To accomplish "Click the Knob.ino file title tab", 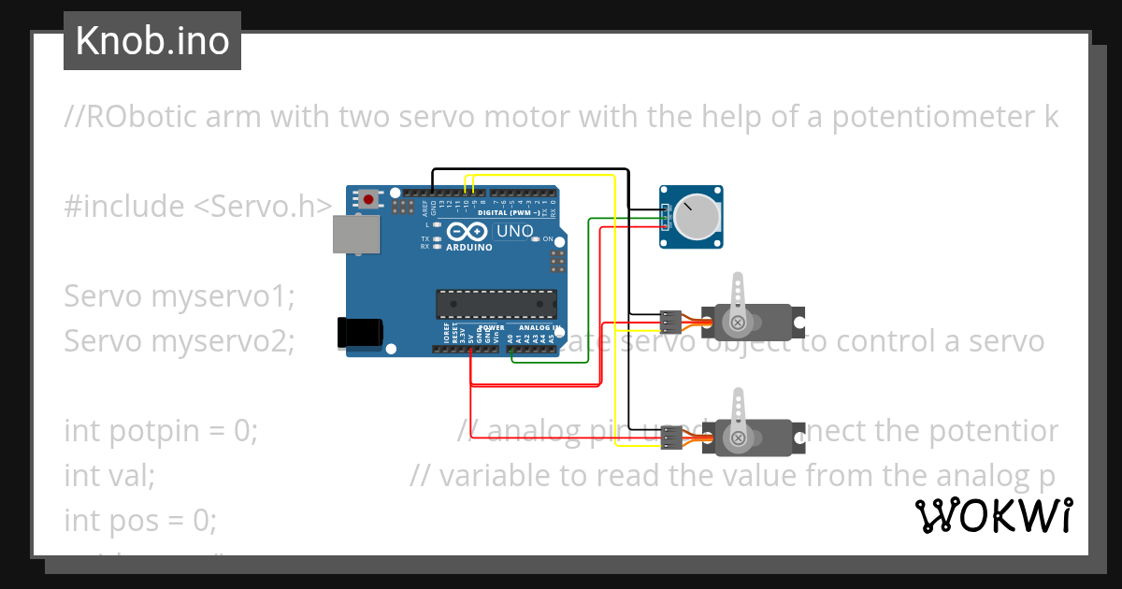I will pyautogui.click(x=152, y=41).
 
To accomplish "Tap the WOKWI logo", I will pyautogui.click(x=993, y=516).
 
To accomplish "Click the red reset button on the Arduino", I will pyautogui.click(x=371, y=198).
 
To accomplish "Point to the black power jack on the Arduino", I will pyautogui.click(x=360, y=331).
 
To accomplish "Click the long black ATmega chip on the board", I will pyautogui.click(x=496, y=304).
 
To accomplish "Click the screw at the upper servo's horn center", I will pyautogui.click(x=739, y=323).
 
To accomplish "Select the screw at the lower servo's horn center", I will pyautogui.click(x=739, y=438).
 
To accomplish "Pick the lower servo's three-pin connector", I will pyautogui.click(x=669, y=437).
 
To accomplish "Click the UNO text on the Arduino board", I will pyautogui.click(x=514, y=231).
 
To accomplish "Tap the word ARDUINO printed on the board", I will pyautogui.click(x=469, y=248).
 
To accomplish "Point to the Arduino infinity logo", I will pyautogui.click(x=467, y=232).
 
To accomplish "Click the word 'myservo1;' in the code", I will pyautogui.click(x=223, y=296).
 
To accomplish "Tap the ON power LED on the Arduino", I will pyautogui.click(x=535, y=239).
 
